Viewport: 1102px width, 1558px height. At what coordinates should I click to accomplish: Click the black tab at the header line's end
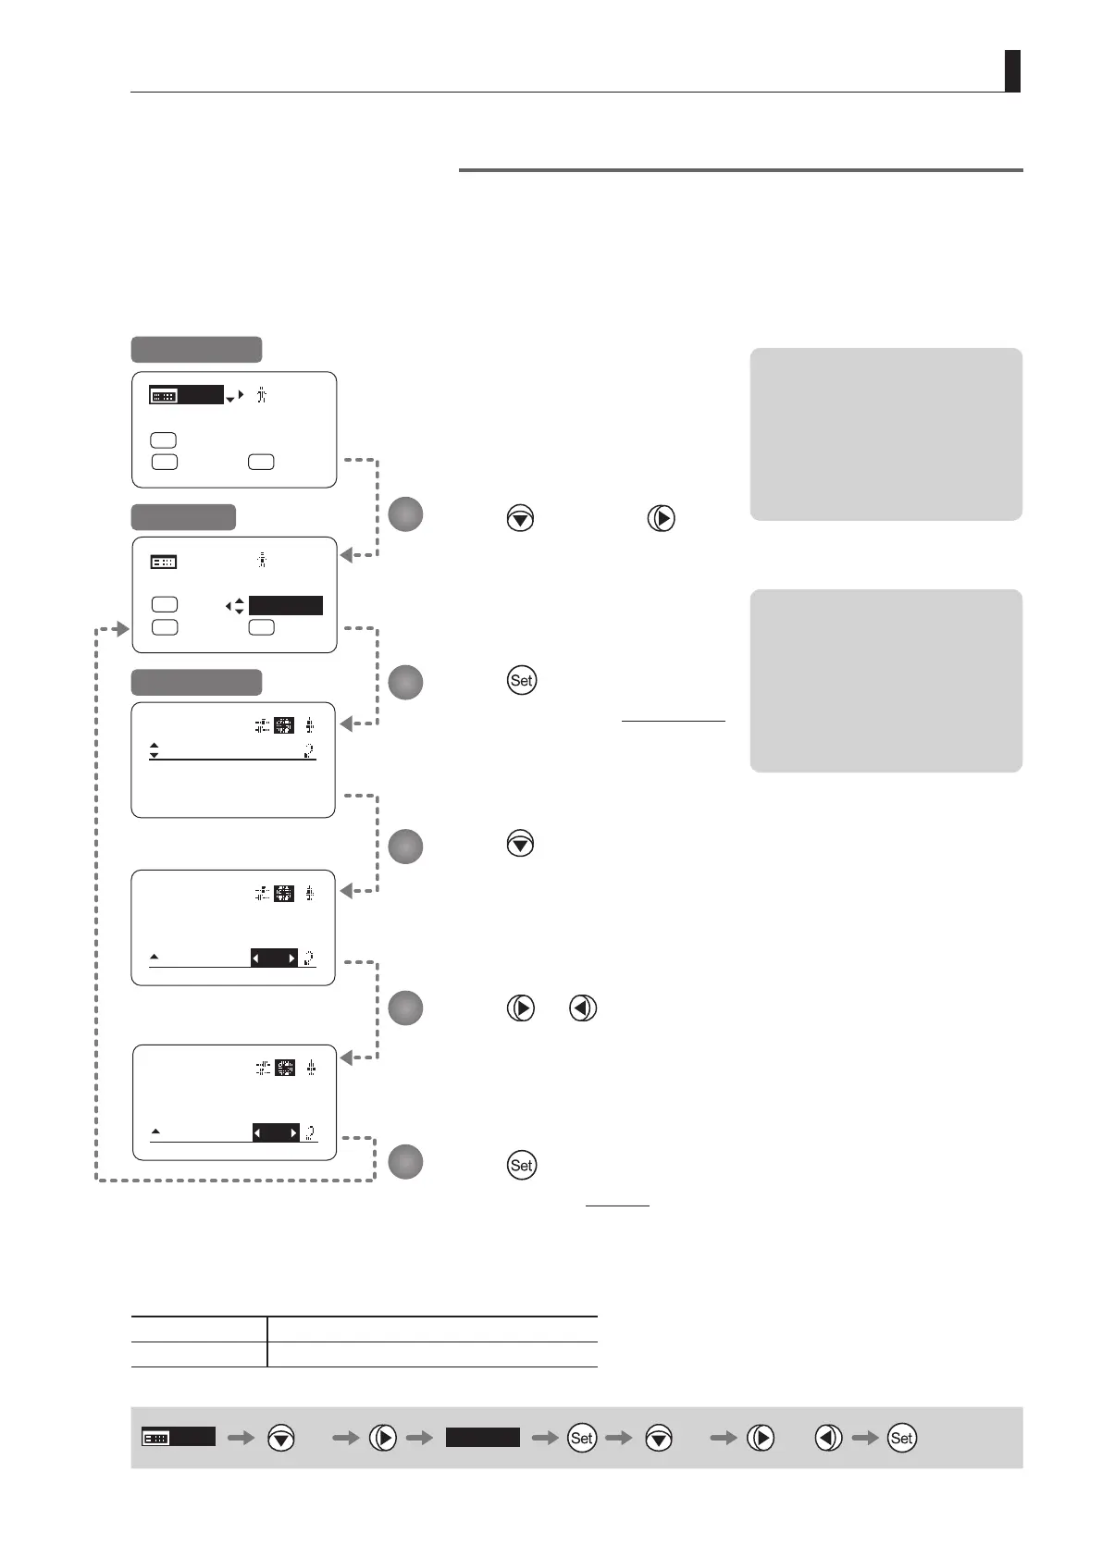pos(1012,71)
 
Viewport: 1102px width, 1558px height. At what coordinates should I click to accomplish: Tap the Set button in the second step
pos(521,680)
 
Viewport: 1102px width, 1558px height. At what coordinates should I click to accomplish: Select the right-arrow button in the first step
pos(661,518)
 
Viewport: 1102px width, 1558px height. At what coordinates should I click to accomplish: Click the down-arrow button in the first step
pos(520,518)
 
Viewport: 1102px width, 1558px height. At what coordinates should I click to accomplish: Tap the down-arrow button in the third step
pos(520,843)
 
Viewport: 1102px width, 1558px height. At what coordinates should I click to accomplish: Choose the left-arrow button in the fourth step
pos(583,1008)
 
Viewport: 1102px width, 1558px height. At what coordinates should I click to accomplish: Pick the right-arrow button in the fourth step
pos(521,1008)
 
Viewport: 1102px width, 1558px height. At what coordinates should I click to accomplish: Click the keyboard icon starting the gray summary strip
pos(155,1438)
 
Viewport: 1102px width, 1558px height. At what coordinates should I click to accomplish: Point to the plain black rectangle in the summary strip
pos(483,1437)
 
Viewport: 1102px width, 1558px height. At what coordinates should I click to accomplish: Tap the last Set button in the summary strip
pos(901,1438)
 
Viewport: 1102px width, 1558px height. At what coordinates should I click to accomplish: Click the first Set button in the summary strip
pos(582,1438)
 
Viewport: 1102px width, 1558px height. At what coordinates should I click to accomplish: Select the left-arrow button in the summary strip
pos(829,1438)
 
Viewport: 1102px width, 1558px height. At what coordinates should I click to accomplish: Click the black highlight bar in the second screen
pos(286,606)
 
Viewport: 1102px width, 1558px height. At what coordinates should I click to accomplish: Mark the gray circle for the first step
pos(405,514)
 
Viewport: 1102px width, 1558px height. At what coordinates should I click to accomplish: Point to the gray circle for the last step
pos(405,1161)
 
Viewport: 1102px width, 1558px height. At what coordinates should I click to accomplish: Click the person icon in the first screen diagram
pos(262,396)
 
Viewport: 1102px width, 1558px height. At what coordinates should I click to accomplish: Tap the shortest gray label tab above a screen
pos(183,517)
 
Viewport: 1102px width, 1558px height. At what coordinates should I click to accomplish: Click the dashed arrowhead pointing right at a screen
pos(122,629)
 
